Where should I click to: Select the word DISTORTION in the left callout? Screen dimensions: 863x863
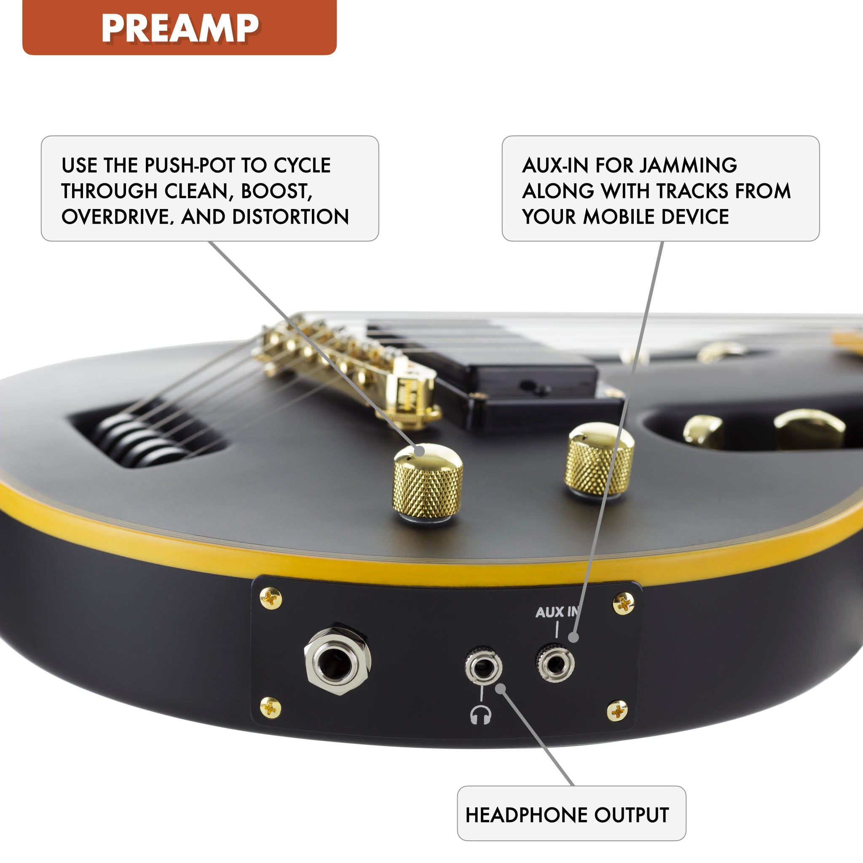[290, 217]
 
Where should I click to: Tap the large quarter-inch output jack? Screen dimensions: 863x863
[337, 660]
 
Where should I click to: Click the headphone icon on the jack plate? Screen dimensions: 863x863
[481, 715]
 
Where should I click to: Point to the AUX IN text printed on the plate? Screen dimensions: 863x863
[556, 612]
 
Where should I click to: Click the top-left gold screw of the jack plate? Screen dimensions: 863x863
[271, 598]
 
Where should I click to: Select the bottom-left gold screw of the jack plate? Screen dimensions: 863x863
[270, 708]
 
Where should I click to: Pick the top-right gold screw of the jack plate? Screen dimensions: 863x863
[624, 603]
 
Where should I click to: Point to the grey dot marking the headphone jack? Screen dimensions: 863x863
[501, 689]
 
